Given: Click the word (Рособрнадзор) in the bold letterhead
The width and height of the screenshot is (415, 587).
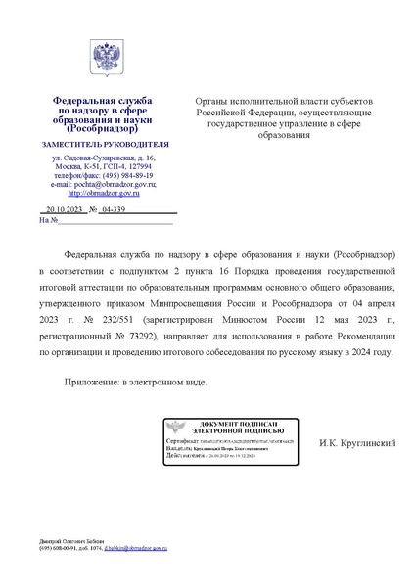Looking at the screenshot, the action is coord(103,130).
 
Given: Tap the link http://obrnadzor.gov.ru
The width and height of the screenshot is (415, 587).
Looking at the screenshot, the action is coord(103,193).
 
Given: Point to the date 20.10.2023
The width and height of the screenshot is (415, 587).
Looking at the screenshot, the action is coord(61,210).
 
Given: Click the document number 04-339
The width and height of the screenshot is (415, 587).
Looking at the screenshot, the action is coord(113,210).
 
